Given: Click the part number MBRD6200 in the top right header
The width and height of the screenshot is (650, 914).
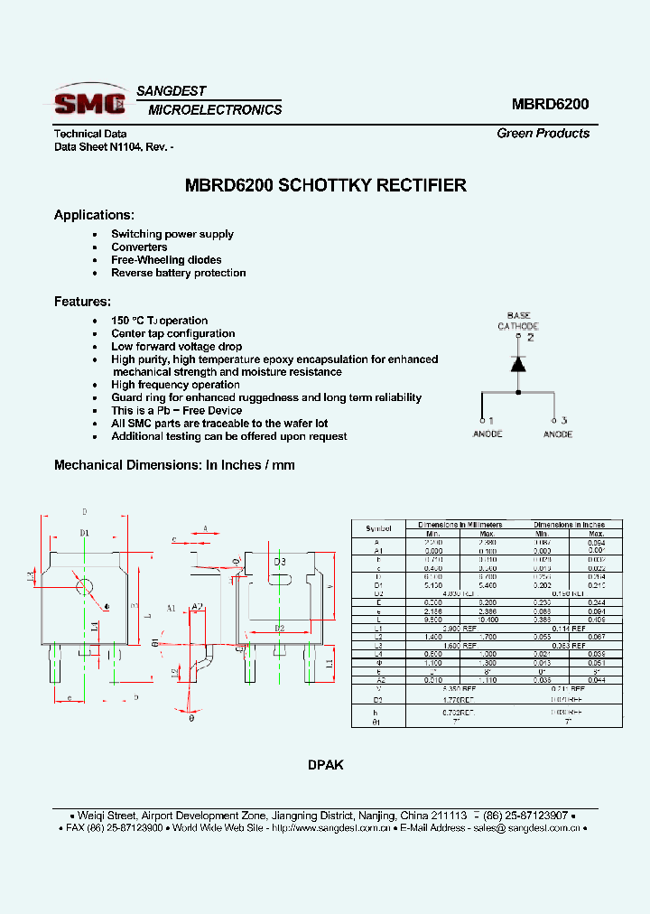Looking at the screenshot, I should coord(550,104).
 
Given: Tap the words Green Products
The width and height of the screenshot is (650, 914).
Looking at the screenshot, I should coord(543,133).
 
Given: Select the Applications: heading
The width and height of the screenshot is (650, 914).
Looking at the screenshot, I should coord(94,215).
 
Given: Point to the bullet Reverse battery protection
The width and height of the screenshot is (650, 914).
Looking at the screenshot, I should coord(178,273).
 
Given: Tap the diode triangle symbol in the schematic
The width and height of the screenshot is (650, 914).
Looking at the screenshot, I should coord(518,364).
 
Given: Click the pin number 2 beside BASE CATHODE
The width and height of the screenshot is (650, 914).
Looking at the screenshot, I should coord(531,338).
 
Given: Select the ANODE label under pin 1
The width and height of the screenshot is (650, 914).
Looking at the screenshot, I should coord(487,434).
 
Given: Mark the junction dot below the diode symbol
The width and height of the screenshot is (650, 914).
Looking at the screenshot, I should coord(518,393).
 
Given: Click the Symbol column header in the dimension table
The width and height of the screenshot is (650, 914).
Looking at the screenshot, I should coord(378,528).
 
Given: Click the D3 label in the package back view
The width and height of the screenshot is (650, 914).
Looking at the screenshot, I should coord(280,563).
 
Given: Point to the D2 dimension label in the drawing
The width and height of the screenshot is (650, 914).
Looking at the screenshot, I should coord(280,628).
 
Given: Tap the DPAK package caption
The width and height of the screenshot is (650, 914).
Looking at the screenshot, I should coord(325,764).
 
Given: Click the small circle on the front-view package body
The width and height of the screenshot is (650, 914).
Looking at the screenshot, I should coord(85,587).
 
